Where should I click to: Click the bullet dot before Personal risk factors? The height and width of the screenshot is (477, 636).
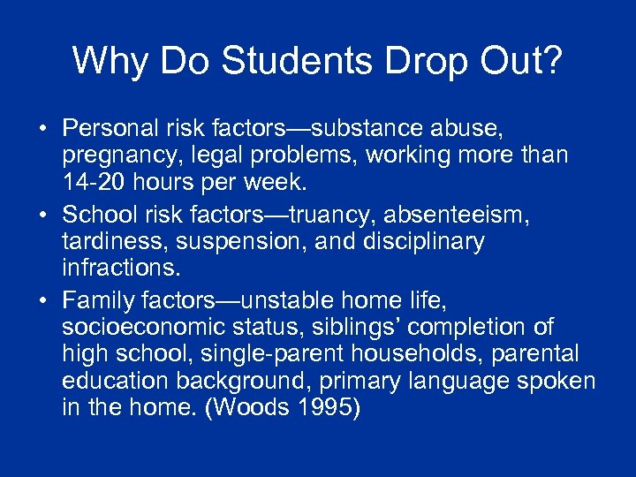pos(42,130)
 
